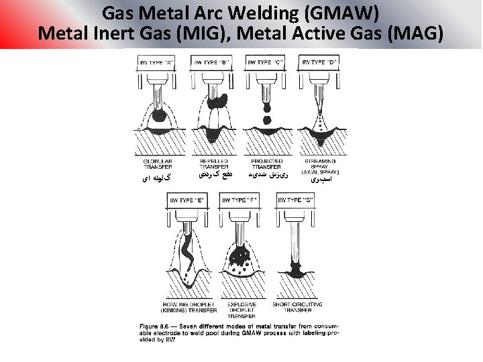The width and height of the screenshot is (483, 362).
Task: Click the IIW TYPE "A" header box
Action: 156,62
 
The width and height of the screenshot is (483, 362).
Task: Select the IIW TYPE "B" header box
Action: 211,62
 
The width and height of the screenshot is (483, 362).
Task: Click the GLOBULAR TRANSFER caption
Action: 158,164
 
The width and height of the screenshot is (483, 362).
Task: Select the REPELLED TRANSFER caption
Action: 213,164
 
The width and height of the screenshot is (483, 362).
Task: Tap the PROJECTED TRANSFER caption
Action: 267,164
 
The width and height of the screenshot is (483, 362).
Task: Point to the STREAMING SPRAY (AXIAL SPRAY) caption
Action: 321,166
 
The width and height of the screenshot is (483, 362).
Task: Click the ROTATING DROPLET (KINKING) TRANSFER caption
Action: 189,307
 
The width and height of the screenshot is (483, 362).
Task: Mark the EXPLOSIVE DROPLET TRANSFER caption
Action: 242,310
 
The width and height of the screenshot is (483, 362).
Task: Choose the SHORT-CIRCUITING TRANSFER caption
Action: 297,307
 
